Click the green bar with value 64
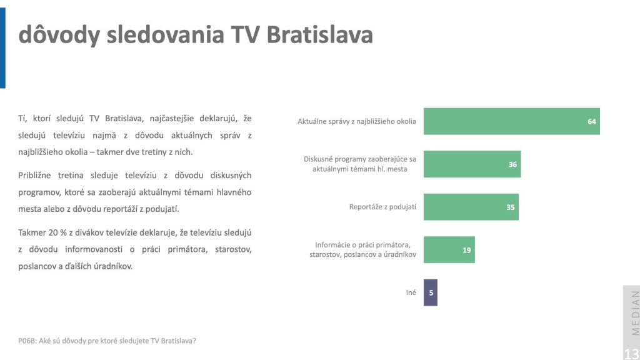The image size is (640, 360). pyautogui.click(x=512, y=121)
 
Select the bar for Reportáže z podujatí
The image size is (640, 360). pyautogui.click(x=471, y=207)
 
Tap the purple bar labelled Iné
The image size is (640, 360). pyautogui.click(x=431, y=292)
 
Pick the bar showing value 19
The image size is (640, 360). pyautogui.click(x=449, y=250)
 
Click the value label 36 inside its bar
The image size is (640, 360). pyautogui.click(x=512, y=164)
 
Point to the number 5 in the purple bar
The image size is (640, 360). pyautogui.click(x=431, y=292)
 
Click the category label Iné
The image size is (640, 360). pyautogui.click(x=411, y=292)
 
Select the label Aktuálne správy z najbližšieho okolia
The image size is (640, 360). pyautogui.click(x=357, y=121)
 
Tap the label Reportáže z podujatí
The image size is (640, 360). pyautogui.click(x=382, y=207)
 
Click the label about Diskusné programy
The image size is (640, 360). pyautogui.click(x=359, y=164)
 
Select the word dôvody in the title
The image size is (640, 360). pyautogui.click(x=59, y=34)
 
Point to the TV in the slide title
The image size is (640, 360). pyautogui.click(x=245, y=34)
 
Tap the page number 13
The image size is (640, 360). pyautogui.click(x=631, y=354)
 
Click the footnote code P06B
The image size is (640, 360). pyautogui.click(x=26, y=341)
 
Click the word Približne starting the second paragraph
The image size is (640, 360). pyautogui.click(x=34, y=176)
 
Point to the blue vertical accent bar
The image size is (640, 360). pyautogui.click(x=2, y=47)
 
